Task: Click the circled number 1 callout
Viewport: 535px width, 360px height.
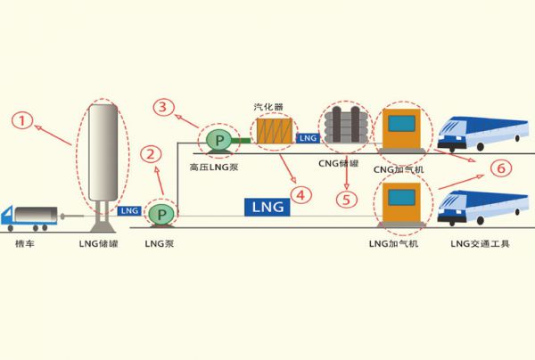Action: [x=24, y=118]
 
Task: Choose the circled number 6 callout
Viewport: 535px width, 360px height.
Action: [x=500, y=168]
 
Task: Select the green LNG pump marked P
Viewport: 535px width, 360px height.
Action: [x=161, y=214]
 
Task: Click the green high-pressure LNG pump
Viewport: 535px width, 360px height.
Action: [x=218, y=139]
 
